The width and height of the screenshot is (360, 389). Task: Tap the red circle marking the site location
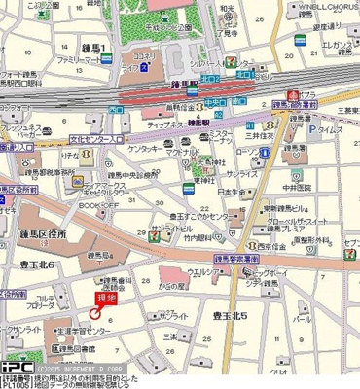click(95, 312)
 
